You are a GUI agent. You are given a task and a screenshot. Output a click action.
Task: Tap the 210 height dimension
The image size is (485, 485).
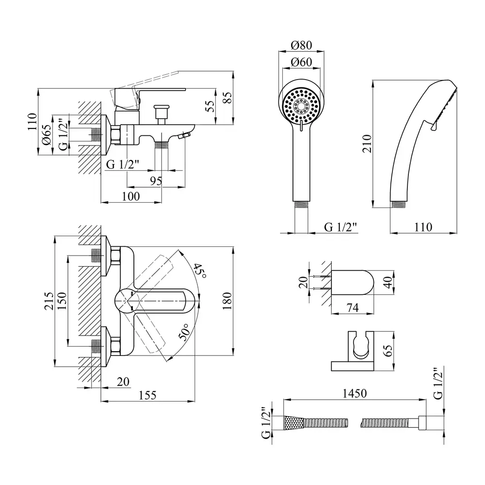coord(367,144)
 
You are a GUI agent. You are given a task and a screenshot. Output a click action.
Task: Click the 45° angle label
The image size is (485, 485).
coord(199,270)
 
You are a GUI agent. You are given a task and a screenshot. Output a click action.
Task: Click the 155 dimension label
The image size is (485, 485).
coord(147,395)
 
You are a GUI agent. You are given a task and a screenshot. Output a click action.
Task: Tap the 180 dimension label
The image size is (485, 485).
coord(226,302)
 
